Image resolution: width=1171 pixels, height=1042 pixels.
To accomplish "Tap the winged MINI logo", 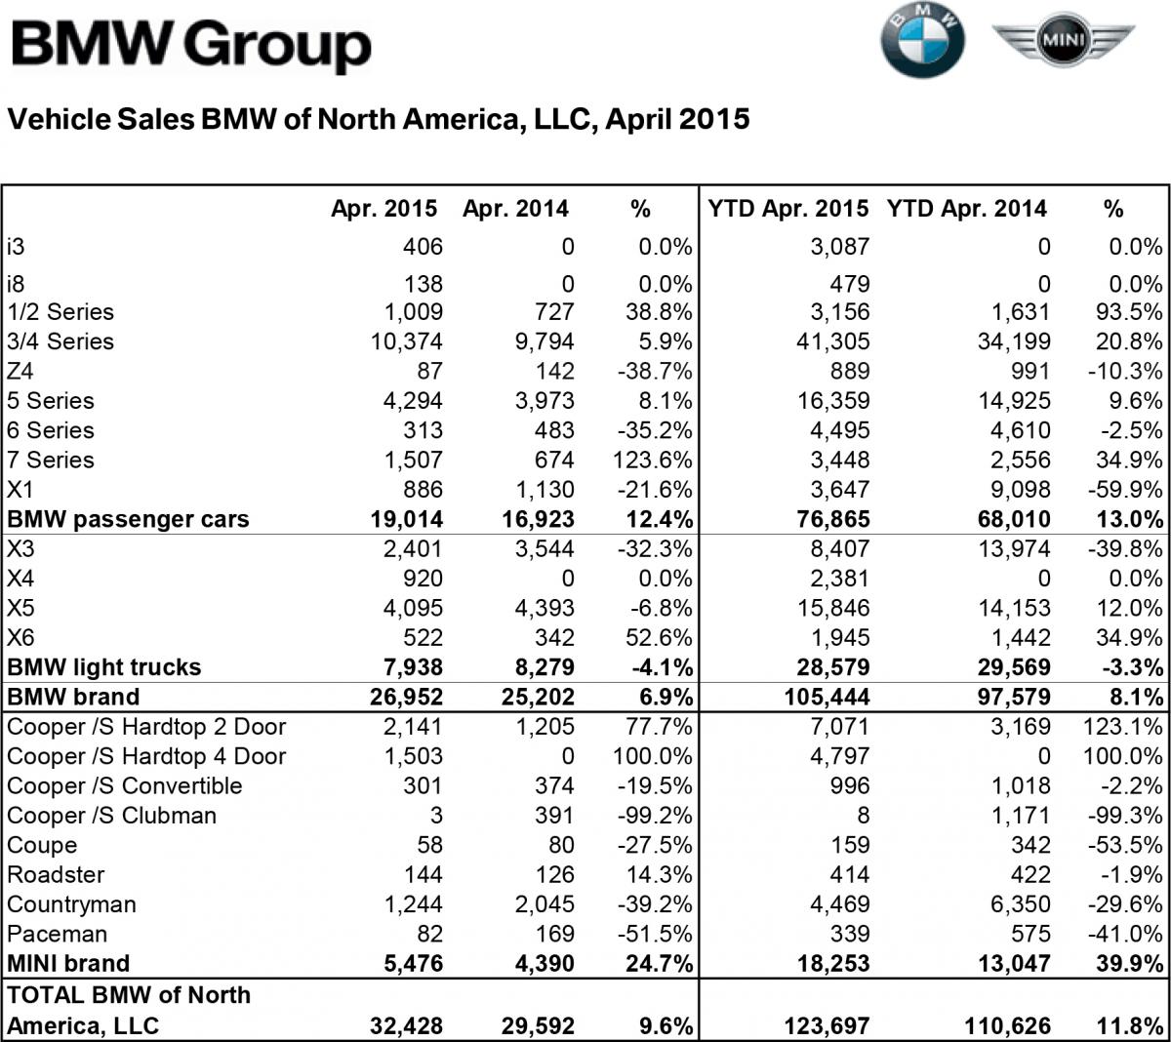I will point(1063,41).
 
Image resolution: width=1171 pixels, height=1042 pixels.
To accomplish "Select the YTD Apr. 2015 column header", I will point(787,209).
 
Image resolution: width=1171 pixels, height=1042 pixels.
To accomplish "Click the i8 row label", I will point(16,284).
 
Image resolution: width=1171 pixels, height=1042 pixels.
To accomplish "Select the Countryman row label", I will point(71,904).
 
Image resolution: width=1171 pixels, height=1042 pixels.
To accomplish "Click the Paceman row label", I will point(57,934).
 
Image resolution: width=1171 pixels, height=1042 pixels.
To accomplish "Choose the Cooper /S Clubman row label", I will point(112,816).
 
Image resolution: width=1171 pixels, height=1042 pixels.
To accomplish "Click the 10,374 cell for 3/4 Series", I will point(405,342).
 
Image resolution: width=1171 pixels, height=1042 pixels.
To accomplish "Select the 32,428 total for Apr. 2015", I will point(406,1025).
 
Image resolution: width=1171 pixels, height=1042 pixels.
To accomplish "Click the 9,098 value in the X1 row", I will point(1021,490).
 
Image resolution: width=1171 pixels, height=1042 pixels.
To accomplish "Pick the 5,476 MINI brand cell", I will point(415,963).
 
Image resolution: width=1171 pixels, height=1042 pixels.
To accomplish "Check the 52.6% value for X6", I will point(663,638).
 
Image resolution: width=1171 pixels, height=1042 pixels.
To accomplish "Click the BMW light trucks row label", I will point(104,667).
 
